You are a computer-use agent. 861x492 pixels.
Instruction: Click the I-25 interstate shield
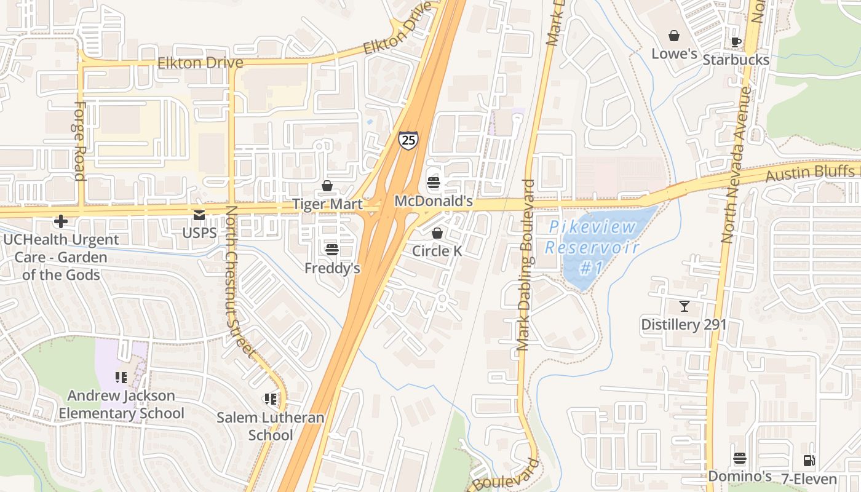tap(408, 140)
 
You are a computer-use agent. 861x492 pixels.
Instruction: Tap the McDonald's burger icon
tap(434, 183)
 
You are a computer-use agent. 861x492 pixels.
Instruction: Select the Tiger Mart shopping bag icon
tap(327, 186)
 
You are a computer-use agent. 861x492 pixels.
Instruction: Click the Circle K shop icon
tap(437, 233)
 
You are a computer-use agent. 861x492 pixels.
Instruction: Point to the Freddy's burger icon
tap(332, 249)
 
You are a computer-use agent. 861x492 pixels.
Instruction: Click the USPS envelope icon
tap(199, 215)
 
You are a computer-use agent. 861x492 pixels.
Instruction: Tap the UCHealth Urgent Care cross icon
tap(60, 221)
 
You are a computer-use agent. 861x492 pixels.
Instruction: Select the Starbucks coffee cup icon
tap(736, 42)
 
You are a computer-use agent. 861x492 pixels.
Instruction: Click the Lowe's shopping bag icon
tap(674, 36)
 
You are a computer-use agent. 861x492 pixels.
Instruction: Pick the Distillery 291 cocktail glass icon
tap(684, 306)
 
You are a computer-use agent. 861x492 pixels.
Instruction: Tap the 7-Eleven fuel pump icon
tap(809, 460)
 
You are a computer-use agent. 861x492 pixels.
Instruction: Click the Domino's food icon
tap(740, 459)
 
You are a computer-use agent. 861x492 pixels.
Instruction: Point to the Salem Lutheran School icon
tap(271, 400)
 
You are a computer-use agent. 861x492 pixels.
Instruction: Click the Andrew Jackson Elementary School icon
tap(121, 377)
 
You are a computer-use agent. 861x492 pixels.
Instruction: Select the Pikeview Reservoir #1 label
tap(592, 247)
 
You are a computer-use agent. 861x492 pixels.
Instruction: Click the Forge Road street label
tap(79, 141)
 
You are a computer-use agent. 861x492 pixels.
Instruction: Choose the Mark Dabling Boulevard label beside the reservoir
tap(526, 264)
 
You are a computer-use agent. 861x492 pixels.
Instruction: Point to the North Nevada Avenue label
tap(737, 165)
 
